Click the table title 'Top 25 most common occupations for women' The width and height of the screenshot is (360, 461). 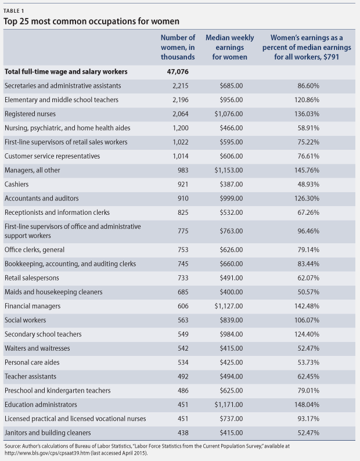(91, 21)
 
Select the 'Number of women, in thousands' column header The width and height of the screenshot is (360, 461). (178, 48)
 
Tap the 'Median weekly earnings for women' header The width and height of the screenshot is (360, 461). (230, 48)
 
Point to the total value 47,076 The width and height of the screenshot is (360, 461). (178, 72)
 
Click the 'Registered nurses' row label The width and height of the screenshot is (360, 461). (30, 114)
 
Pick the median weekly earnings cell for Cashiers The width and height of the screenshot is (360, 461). (231, 184)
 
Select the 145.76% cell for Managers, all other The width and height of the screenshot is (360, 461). (307, 170)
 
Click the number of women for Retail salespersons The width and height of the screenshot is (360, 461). (183, 278)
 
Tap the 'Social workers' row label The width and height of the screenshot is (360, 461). (26, 320)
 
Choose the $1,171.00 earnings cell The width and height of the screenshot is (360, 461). (229, 405)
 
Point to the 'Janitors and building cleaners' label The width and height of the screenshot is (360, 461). (48, 433)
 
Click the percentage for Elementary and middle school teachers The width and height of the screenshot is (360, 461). (307, 100)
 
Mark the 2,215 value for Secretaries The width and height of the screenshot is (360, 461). (181, 86)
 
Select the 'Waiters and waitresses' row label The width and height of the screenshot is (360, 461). (37, 348)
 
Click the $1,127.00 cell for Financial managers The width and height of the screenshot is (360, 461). (229, 306)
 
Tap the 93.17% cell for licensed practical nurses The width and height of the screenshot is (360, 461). (308, 419)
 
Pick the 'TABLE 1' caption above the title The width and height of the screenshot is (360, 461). (14, 11)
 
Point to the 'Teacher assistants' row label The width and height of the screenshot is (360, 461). (30, 377)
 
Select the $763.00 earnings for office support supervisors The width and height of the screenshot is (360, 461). (231, 231)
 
